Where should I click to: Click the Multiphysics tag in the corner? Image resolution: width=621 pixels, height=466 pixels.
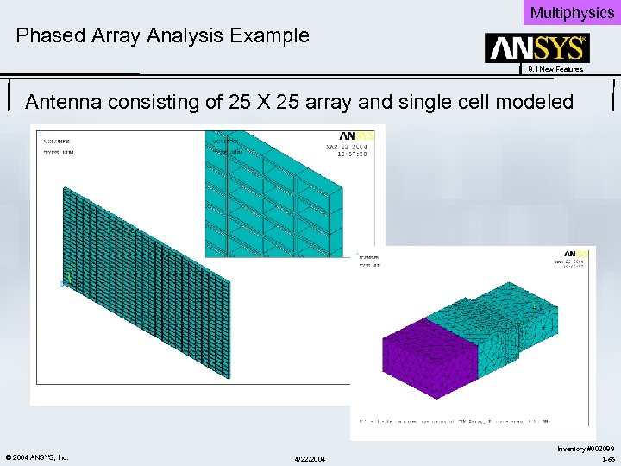pyautogui.click(x=572, y=12)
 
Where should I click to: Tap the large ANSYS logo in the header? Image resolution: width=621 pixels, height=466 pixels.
pyautogui.click(x=536, y=47)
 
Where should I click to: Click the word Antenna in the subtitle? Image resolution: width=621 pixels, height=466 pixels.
pyautogui.click(x=63, y=102)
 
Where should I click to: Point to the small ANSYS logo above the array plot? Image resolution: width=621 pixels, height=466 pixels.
pyautogui.click(x=356, y=136)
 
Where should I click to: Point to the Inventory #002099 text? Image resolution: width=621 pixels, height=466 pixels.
pyautogui.click(x=586, y=449)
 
